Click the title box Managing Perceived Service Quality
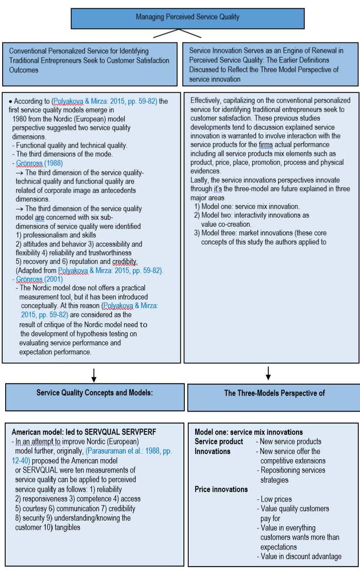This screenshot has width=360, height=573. pos(187,17)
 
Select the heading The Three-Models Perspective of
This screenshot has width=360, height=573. pos(274,393)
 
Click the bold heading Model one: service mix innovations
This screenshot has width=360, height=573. pos(248,432)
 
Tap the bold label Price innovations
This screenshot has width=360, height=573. pos(221,489)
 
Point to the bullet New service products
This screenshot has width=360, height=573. pos(288,441)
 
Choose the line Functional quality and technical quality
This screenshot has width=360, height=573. pos(68,145)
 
